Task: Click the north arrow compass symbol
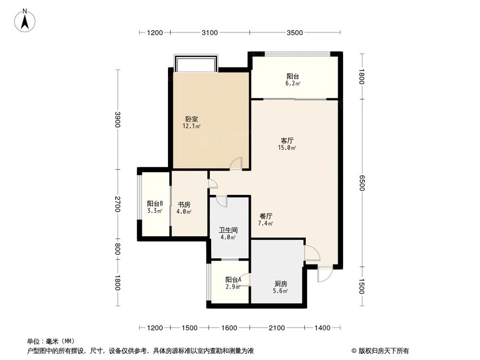coord(25,21)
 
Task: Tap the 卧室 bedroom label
coord(192,119)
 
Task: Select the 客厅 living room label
coord(287,141)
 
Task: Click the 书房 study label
coord(184,204)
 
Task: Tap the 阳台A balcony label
coord(233,279)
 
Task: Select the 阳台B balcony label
coord(155,203)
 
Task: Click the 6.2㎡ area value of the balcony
coord(293,84)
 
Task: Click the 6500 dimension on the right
coord(362,183)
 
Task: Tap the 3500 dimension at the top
coord(294,33)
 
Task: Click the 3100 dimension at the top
coord(210,33)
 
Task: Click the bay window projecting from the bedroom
coord(196,63)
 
